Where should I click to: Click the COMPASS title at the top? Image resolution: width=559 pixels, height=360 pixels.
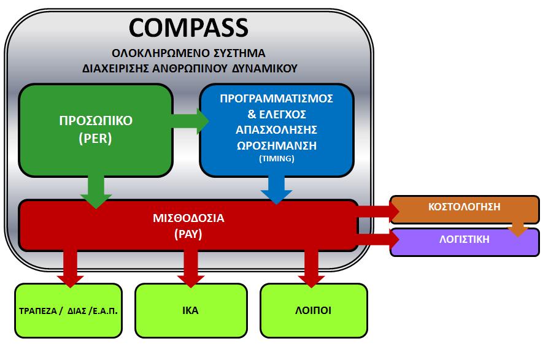[x=188, y=28]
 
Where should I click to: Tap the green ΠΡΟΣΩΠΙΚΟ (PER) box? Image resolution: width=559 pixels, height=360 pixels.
[x=96, y=130]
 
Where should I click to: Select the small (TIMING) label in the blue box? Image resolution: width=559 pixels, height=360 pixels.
[x=277, y=158]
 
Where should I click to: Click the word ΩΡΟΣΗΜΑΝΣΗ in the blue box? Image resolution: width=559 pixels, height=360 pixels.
[x=277, y=145]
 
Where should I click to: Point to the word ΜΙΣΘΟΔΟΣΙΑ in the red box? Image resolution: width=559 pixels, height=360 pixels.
[x=188, y=218]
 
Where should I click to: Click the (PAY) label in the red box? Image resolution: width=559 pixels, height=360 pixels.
[x=188, y=234]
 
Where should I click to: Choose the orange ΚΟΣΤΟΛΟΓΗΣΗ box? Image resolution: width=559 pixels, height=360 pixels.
[x=465, y=210]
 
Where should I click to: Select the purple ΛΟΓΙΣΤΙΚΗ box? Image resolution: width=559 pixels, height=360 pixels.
[x=465, y=242]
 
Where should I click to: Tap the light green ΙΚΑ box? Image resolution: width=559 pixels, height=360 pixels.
[x=191, y=310]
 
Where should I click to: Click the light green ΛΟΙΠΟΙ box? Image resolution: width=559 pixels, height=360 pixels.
[x=314, y=310]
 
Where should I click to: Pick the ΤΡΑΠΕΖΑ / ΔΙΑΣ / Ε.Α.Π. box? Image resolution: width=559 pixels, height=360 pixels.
[x=69, y=310]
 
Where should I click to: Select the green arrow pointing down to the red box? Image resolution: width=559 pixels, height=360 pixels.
[x=96, y=192]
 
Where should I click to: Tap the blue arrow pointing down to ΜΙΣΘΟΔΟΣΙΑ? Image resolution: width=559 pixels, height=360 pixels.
[x=277, y=190]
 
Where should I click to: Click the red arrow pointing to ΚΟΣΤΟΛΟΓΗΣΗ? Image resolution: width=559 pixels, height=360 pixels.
[x=378, y=211]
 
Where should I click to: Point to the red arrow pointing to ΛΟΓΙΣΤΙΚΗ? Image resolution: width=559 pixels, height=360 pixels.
[x=378, y=240]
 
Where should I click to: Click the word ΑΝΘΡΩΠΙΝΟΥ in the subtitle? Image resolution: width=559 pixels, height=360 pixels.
[x=190, y=69]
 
